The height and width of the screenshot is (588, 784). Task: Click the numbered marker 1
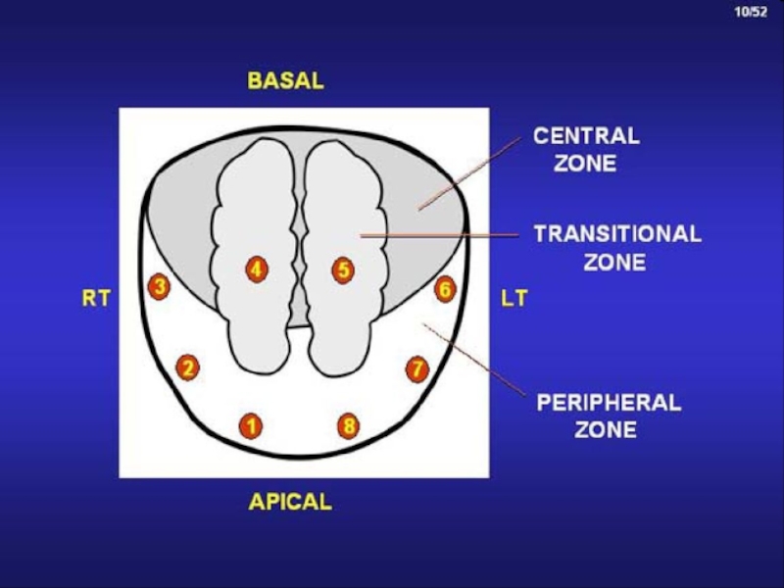click(251, 426)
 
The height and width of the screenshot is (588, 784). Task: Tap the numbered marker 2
click(187, 367)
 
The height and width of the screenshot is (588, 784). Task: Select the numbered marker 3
click(159, 287)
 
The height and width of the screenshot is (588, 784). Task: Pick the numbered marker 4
click(257, 269)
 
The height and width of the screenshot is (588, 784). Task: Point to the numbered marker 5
click(343, 270)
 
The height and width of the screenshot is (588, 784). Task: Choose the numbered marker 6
click(445, 289)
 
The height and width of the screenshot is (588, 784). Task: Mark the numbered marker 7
click(417, 369)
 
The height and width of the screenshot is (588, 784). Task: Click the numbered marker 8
click(349, 426)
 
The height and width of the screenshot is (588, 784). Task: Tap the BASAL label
click(286, 81)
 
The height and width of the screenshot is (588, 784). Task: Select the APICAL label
click(290, 502)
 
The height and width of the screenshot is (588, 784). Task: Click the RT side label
click(96, 299)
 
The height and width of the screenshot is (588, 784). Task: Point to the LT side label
click(514, 299)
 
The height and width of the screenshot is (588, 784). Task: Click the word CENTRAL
click(586, 136)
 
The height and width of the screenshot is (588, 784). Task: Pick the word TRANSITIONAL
click(617, 234)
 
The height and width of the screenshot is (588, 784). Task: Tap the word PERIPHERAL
click(609, 403)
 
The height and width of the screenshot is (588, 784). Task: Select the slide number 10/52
click(751, 12)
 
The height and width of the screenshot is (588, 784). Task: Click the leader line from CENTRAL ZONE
click(470, 173)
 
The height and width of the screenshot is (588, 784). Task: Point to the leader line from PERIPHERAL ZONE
click(474, 360)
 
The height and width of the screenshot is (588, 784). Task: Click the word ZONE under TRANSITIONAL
click(614, 263)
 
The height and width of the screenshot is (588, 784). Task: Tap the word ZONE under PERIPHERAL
click(606, 430)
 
